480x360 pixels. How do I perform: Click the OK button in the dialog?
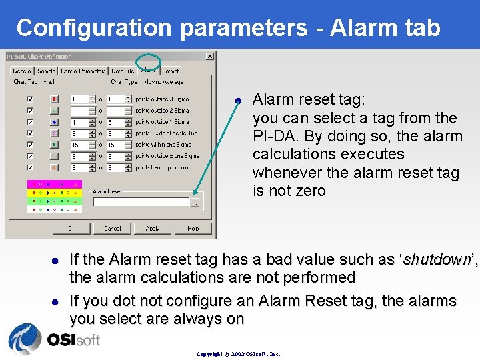click(x=72, y=228)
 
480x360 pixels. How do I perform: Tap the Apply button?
click(x=153, y=228)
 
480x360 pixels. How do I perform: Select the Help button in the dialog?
click(x=193, y=228)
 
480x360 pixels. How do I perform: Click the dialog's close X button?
click(x=210, y=57)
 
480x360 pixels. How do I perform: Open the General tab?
click(x=22, y=71)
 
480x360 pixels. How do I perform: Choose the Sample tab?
click(x=47, y=71)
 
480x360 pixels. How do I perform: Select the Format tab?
click(x=171, y=71)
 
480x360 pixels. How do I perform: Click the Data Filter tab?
click(x=123, y=71)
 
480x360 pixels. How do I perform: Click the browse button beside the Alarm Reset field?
click(x=195, y=203)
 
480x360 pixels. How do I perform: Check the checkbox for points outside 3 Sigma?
click(x=30, y=99)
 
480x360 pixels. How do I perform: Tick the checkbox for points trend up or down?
click(x=30, y=168)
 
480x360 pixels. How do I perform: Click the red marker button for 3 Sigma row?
click(x=55, y=99)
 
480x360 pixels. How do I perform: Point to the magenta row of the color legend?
click(x=55, y=183)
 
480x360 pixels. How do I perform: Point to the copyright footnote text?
click(x=238, y=354)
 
